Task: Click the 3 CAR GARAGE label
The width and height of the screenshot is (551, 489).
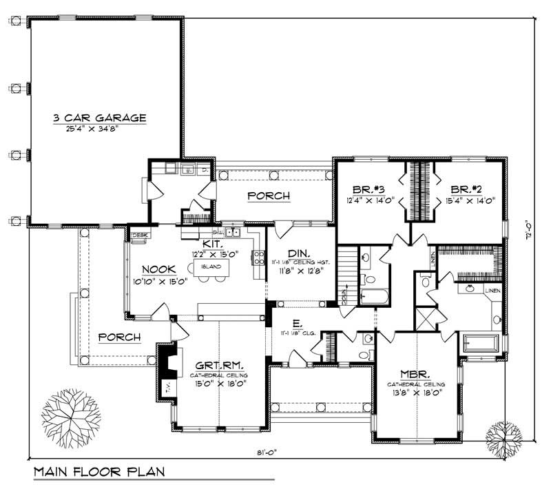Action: click(x=100, y=118)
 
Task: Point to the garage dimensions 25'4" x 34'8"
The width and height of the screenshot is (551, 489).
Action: click(x=100, y=128)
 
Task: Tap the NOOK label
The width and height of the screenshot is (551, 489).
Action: click(x=158, y=269)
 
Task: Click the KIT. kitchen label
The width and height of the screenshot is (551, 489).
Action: click(x=211, y=244)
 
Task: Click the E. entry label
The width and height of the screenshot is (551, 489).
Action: click(x=296, y=322)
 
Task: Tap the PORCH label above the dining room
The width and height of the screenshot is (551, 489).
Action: click(x=268, y=196)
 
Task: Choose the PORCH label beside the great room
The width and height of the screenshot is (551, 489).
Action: click(x=119, y=337)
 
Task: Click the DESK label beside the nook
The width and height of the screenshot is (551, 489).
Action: click(x=139, y=235)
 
